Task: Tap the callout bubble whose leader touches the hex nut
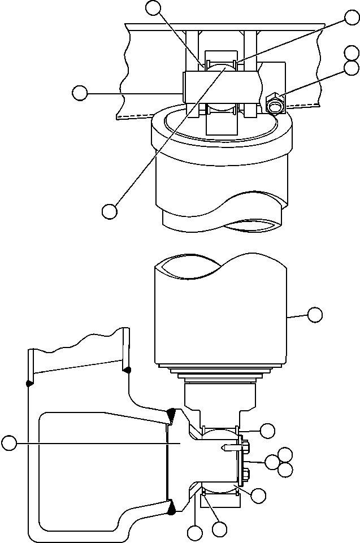coord(352,68)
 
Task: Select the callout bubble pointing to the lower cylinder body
coord(314,314)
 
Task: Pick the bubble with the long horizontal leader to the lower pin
coord(9,444)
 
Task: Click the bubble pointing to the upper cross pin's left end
coord(80,93)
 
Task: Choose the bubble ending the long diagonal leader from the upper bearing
coord(110,211)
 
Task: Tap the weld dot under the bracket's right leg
coord(127,370)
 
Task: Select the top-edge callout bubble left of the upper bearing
coord(153,7)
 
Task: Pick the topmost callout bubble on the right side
coord(352,18)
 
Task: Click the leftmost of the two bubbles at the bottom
coord(195,532)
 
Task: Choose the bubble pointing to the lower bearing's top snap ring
coord(268,430)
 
